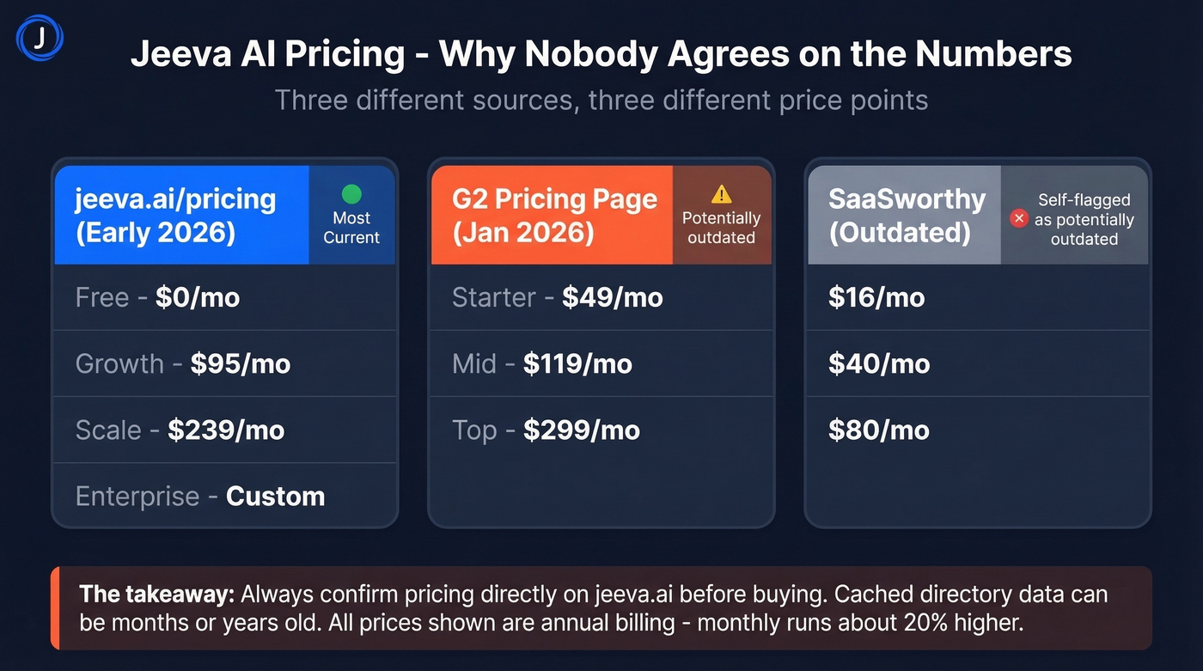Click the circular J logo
40,40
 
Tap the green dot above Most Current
351,194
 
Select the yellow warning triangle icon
722,194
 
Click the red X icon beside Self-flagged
1019,219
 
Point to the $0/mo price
198,297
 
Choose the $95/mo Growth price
241,363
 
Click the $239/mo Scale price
226,430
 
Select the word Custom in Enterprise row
275,496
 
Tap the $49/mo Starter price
613,297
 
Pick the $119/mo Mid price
577,363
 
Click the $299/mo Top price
582,430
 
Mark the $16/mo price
876,297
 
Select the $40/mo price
879,363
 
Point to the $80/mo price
879,430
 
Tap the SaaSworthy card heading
906,215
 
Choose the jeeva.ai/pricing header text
175,215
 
